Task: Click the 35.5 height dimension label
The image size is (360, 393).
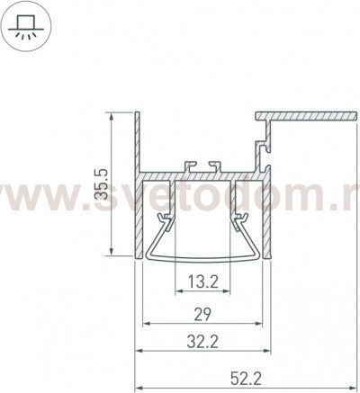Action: coord(104,183)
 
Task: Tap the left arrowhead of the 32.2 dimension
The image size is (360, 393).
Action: coord(139,350)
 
